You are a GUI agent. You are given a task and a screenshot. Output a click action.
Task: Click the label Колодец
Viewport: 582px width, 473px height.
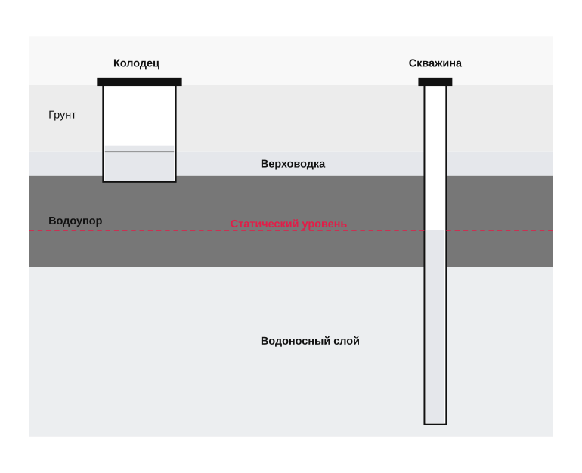[x=136, y=63]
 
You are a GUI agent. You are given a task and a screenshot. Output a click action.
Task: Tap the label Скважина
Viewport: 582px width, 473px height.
[x=435, y=63]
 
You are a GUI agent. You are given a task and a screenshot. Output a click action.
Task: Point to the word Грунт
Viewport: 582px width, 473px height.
[x=62, y=115]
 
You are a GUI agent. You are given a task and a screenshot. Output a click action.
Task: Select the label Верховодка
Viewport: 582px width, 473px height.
[x=293, y=164]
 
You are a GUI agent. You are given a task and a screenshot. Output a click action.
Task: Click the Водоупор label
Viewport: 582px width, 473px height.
[x=76, y=221]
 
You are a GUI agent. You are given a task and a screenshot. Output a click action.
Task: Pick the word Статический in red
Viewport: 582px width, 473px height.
[x=265, y=224]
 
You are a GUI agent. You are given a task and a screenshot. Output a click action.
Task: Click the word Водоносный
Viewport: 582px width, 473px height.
[x=289, y=341]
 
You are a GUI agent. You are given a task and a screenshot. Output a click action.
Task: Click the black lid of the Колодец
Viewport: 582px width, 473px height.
[x=139, y=82]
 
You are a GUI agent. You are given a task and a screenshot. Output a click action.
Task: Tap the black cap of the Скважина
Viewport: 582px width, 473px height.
[x=435, y=82]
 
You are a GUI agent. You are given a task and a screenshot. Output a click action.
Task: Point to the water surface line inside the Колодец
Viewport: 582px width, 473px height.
[x=139, y=151]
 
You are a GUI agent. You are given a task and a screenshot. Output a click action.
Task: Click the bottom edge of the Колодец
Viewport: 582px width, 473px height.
[x=139, y=182]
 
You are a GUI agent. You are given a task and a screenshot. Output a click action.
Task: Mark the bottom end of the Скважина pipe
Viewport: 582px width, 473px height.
[x=435, y=424]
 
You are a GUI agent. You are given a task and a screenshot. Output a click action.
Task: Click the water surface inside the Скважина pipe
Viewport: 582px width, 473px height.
[x=435, y=230]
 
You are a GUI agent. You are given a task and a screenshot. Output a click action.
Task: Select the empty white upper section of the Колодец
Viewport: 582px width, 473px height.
[x=139, y=116]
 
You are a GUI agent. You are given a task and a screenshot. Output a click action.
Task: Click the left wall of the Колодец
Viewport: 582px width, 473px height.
[x=104, y=134]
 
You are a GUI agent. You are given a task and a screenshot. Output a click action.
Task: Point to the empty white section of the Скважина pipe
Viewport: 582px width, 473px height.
[x=435, y=158]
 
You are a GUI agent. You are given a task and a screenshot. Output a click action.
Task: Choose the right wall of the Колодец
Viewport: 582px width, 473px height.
[x=175, y=134]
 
